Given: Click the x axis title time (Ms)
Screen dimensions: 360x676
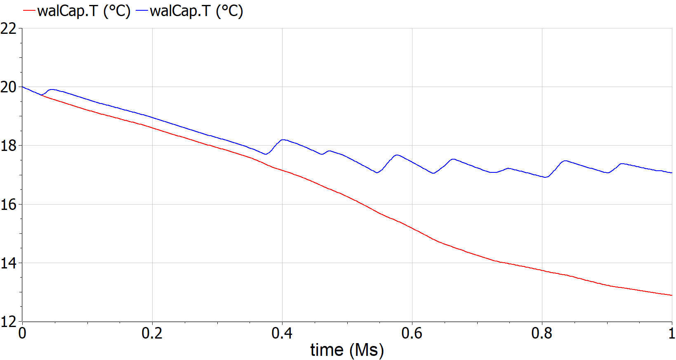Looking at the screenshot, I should (x=347, y=350).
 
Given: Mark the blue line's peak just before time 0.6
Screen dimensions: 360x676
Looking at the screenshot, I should (x=397, y=155).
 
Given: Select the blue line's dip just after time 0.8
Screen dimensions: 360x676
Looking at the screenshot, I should (x=546, y=177).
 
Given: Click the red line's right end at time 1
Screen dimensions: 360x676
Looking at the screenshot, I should (x=671, y=295).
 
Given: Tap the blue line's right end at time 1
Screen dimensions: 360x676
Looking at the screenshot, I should (x=671, y=173).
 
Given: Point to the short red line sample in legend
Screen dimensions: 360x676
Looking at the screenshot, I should (x=30, y=11).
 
